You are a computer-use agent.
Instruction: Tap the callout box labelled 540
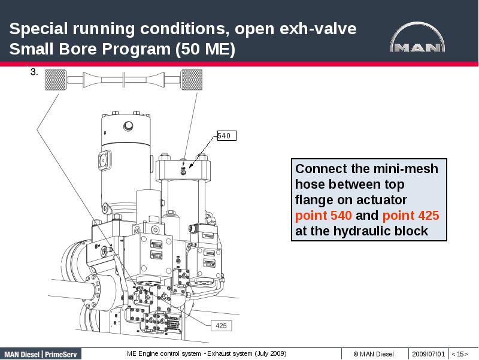coord(226,136)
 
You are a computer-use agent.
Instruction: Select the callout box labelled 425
coord(221,326)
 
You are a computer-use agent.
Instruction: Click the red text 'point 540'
coord(324,216)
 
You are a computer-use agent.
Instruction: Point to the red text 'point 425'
coord(410,216)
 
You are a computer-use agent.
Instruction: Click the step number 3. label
coord(34,72)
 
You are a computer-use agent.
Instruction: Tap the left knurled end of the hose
coord(55,79)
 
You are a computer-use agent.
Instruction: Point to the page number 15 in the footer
coord(459,353)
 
